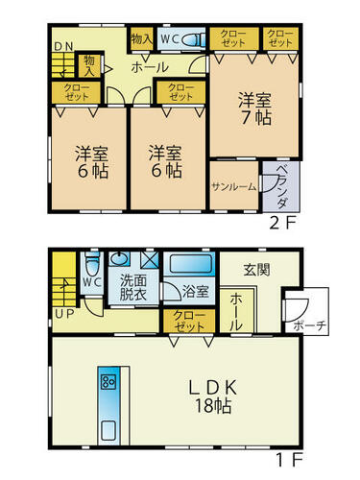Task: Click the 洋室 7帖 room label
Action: coord(254,108)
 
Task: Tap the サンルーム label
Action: coord(234,187)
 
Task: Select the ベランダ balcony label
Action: coord(281,186)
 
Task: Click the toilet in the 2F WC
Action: coord(194,40)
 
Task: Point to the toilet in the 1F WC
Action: coord(93,263)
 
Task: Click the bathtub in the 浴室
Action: coord(191,264)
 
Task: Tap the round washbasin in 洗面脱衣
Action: coord(119,258)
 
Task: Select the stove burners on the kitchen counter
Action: coord(108,381)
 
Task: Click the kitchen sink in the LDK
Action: coord(108,431)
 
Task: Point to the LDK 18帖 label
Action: coord(213,396)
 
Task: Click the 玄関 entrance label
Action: coord(257,270)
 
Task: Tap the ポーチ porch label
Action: coord(309,326)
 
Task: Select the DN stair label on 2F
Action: coord(63,46)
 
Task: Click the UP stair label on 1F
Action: coord(64,314)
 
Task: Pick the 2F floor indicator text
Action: coord(281,224)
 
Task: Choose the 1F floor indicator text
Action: coord(289,460)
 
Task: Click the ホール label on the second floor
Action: coord(150,67)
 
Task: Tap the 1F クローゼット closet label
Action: coord(189,321)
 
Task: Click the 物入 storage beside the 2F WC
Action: coord(141,39)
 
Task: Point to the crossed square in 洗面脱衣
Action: coord(150,259)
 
